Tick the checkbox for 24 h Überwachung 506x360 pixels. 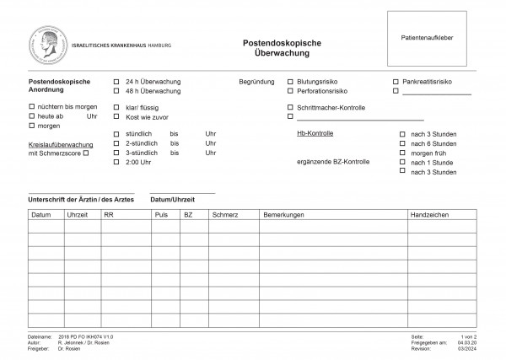[116, 82]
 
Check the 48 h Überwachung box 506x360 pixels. [116, 91]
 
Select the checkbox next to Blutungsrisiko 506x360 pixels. [290, 82]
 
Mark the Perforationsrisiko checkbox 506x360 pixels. [290, 91]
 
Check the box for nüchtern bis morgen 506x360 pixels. [32, 107]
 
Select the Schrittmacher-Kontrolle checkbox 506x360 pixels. [290, 108]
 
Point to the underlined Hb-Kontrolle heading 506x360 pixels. [315, 134]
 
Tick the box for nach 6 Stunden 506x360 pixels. [402, 143]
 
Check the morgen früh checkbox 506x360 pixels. [402, 153]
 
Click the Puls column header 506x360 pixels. [161, 216]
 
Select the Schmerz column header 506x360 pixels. [225, 216]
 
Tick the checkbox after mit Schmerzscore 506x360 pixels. [86, 153]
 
